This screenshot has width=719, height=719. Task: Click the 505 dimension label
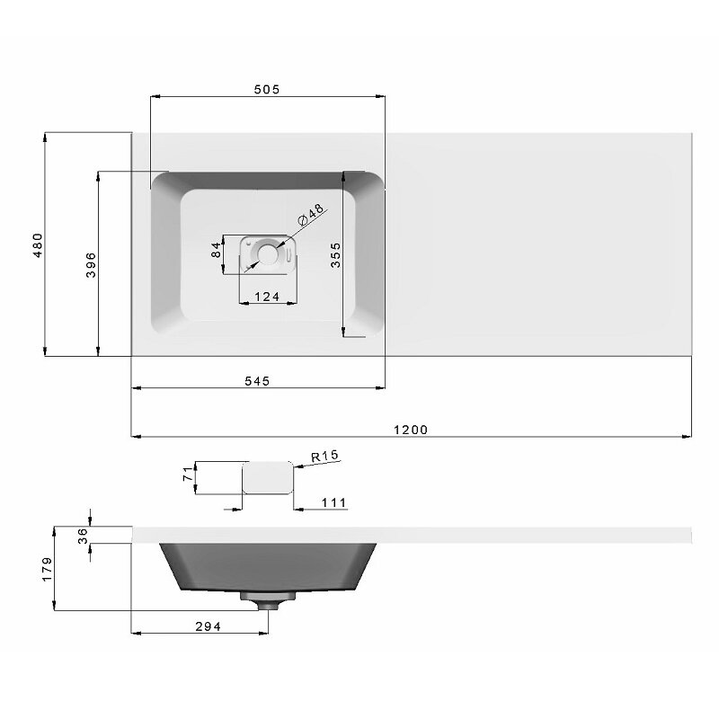click(x=267, y=89)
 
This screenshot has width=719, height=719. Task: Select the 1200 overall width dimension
click(x=411, y=430)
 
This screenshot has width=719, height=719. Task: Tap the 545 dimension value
click(x=257, y=380)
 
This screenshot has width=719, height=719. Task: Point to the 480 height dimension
click(x=38, y=244)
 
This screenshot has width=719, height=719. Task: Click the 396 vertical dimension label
click(x=91, y=264)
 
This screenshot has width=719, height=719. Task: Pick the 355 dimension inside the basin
click(x=335, y=255)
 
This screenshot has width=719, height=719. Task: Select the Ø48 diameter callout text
click(x=311, y=215)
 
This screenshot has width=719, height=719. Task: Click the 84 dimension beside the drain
click(x=216, y=250)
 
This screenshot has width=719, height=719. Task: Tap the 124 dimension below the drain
click(x=267, y=297)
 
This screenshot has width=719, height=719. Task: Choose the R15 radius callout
click(x=324, y=456)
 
